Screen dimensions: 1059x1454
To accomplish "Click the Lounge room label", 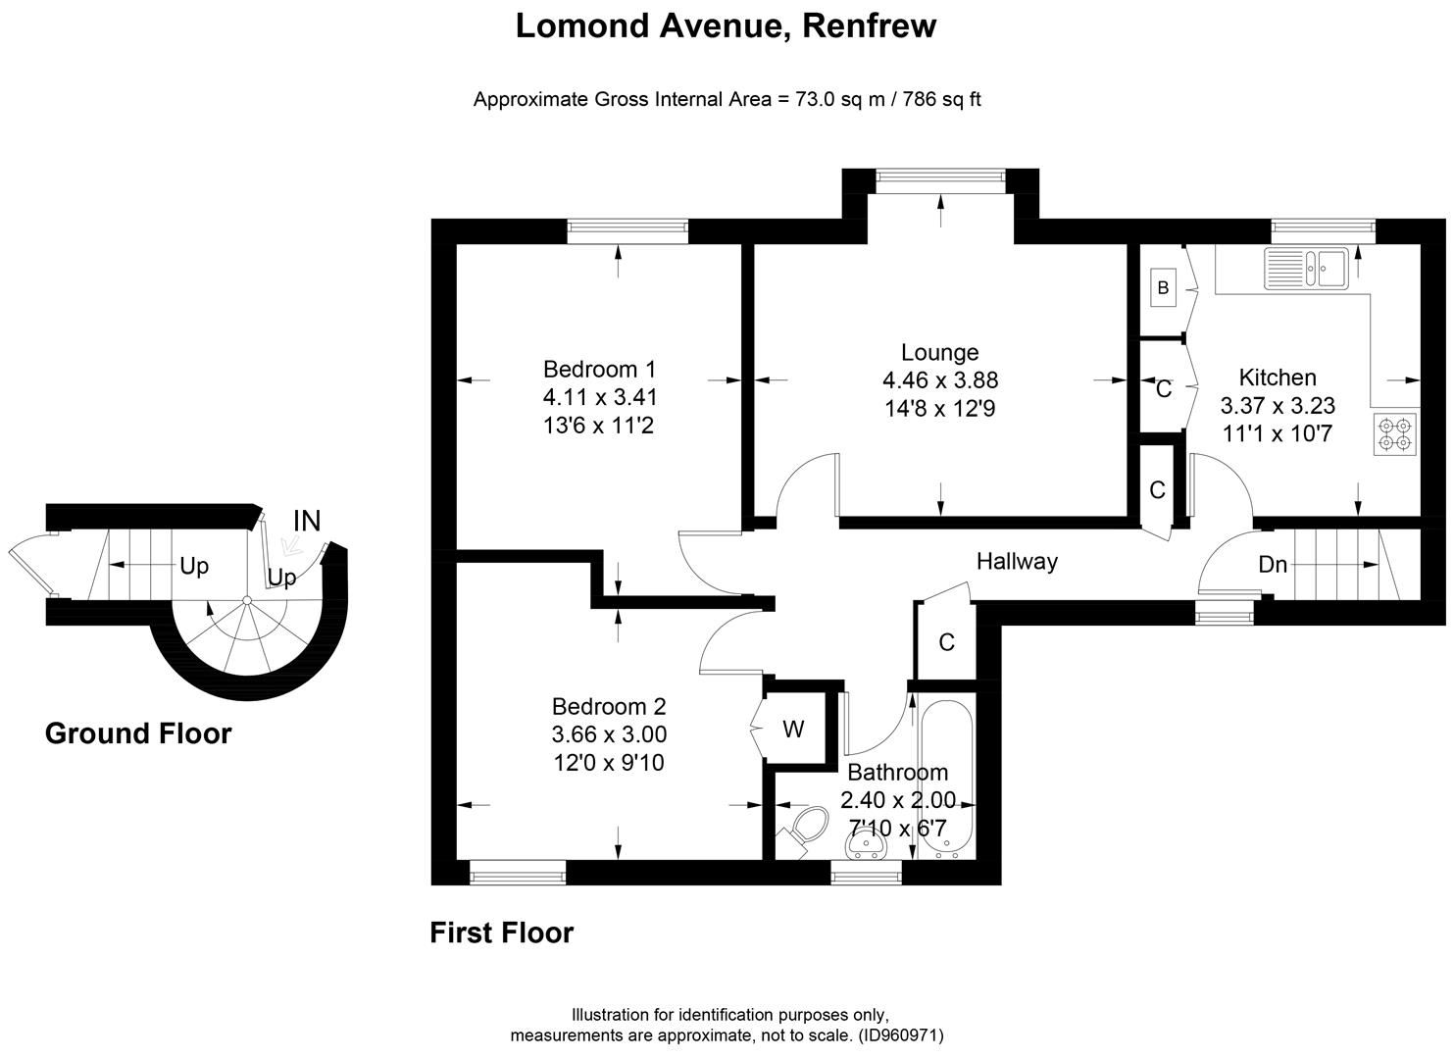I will click(939, 352).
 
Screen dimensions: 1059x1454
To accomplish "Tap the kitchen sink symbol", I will click(1308, 267).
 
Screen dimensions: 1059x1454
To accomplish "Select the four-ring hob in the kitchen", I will click(1395, 434).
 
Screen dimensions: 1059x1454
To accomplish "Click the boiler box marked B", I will click(1164, 287).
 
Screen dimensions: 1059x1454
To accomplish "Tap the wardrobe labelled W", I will click(793, 729).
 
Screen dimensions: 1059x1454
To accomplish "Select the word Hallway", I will click(1017, 561).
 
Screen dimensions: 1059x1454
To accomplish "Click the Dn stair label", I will click(1272, 565).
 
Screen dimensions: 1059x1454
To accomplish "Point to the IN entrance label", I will click(307, 522).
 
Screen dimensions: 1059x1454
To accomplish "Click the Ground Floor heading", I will click(138, 733).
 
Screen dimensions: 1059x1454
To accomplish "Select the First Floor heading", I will click(501, 933).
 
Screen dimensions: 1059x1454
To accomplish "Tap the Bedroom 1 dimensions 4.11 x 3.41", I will click(600, 397).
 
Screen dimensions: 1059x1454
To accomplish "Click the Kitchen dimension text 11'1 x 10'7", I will click(1278, 433).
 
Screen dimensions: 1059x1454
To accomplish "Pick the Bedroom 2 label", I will click(609, 706).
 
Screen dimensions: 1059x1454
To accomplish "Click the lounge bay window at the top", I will click(940, 176).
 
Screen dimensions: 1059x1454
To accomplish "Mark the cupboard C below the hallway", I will click(946, 642).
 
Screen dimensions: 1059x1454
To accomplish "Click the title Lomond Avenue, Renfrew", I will click(726, 25).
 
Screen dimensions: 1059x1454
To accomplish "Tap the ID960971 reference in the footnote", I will click(901, 1035).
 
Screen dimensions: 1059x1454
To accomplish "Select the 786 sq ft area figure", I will click(941, 99).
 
